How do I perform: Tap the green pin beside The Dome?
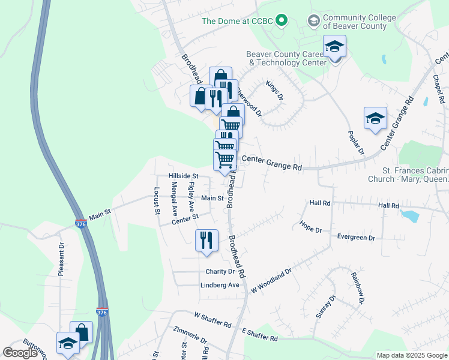[x=282, y=21]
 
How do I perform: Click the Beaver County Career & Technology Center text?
[x=286, y=58]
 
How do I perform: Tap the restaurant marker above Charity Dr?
[x=205, y=240]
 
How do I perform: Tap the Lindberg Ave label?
[x=220, y=286]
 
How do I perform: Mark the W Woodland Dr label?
[x=271, y=280]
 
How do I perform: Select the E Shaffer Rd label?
[x=260, y=335]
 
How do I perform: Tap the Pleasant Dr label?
[x=61, y=259]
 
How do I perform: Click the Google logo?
[x=20, y=353]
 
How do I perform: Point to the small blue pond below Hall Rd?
[x=410, y=214]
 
